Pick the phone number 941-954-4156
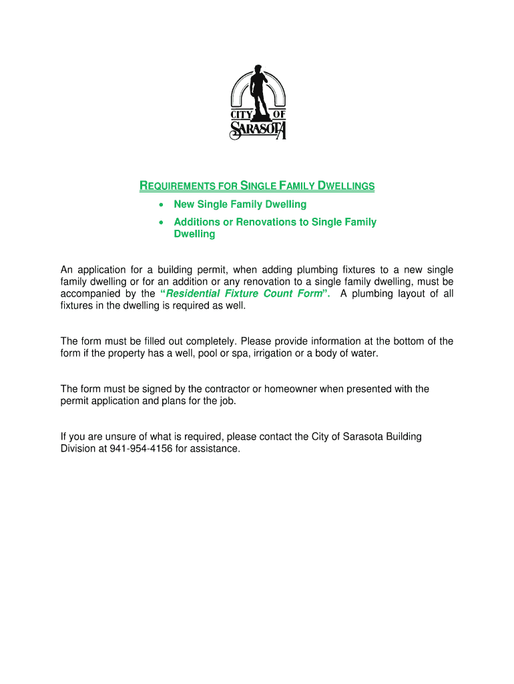point(136,449)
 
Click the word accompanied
point(87,294)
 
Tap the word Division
point(79,449)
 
